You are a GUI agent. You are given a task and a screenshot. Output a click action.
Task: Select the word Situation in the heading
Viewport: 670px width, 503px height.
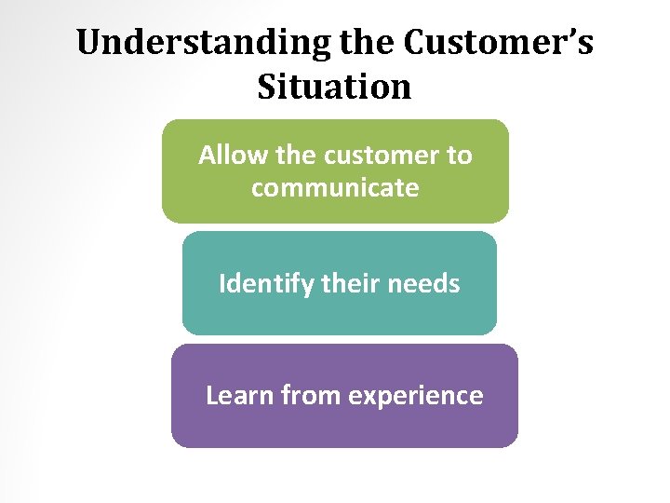tap(334, 87)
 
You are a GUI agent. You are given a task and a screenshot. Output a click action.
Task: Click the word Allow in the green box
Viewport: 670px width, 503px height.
tap(228, 155)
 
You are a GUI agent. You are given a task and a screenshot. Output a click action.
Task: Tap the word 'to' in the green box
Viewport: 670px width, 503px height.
tap(460, 155)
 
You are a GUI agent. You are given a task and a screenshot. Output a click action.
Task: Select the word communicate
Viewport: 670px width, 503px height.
tap(335, 187)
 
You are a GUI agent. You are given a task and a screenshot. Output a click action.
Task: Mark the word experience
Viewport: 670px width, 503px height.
tap(415, 395)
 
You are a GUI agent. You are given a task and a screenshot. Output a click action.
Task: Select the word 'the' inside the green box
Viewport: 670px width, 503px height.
tap(286, 155)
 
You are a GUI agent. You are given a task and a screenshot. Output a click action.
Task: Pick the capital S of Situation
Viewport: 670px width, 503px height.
tap(266, 87)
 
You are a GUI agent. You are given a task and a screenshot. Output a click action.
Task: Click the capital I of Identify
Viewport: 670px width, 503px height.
tap(222, 282)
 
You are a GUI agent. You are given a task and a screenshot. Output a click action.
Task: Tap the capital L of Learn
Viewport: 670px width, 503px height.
tap(211, 395)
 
